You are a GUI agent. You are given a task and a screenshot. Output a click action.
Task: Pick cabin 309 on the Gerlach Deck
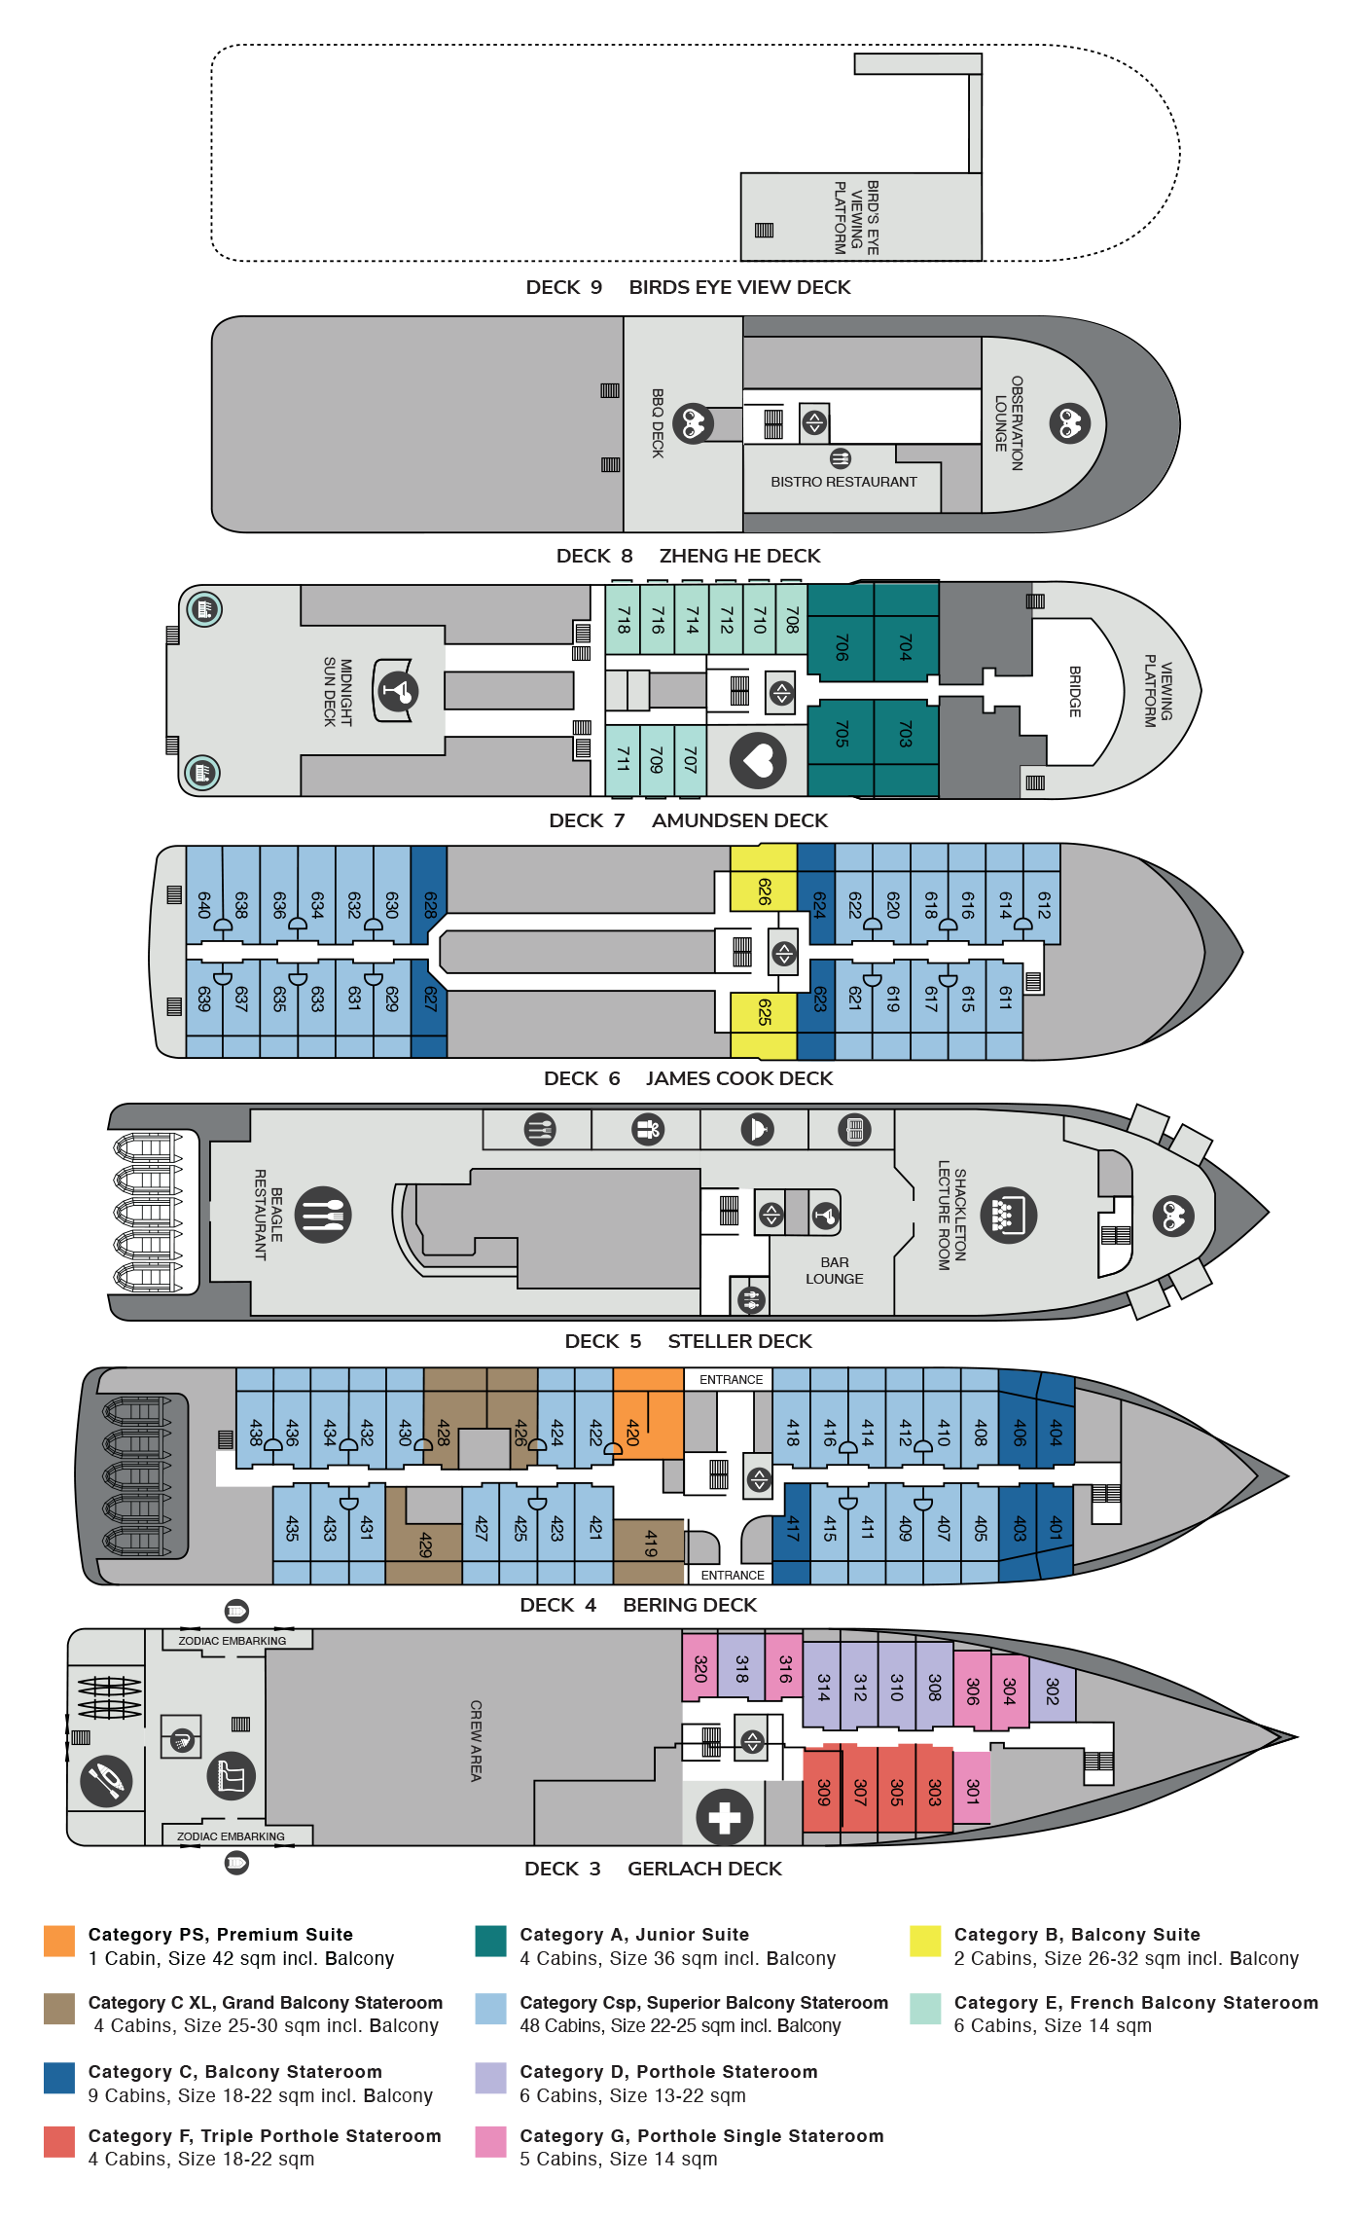point(823,1792)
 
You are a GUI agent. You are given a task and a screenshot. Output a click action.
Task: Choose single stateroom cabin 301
point(972,1788)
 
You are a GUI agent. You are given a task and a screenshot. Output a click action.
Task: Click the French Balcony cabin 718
point(623,620)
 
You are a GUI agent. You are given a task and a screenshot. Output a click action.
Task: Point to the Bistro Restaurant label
point(843,482)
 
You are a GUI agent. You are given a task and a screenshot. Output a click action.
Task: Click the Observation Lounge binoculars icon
point(1069,423)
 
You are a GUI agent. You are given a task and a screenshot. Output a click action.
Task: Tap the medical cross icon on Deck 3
point(724,1816)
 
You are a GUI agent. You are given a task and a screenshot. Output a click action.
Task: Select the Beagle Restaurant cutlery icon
point(323,1215)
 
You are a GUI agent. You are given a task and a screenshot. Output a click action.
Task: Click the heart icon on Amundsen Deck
point(758,760)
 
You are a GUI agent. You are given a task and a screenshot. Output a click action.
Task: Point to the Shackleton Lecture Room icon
point(1008,1216)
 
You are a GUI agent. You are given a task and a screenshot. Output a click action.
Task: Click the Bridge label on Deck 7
point(1075,691)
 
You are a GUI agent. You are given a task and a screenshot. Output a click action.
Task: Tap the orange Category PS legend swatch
point(59,1940)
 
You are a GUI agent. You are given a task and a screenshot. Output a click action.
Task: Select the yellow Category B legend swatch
point(924,1940)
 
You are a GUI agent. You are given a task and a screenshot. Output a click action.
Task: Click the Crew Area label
point(476,1740)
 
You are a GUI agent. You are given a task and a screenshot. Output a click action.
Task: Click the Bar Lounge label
point(834,1270)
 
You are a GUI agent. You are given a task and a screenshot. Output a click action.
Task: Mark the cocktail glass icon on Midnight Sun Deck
point(397,691)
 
